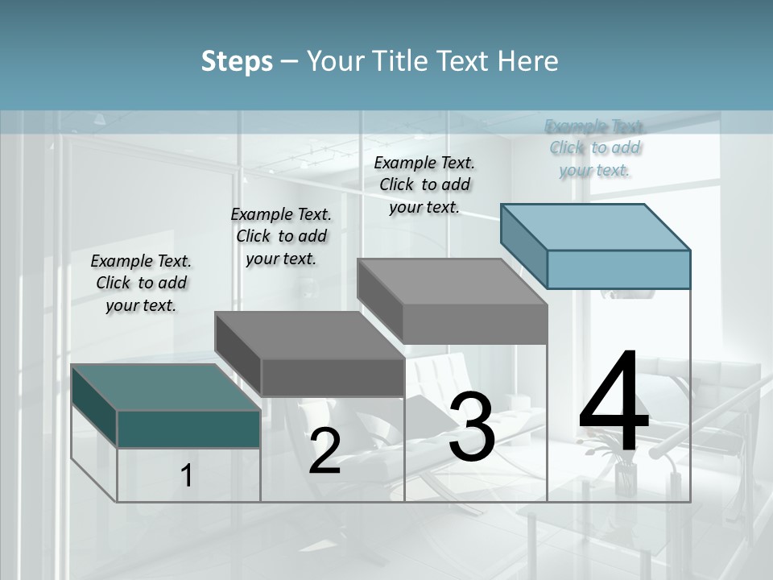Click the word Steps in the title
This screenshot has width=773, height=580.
click(x=237, y=61)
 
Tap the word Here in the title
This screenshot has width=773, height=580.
click(x=528, y=61)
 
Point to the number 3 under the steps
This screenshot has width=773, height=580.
click(x=472, y=427)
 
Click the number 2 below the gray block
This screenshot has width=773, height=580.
click(x=324, y=452)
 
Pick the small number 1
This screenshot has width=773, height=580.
click(x=187, y=476)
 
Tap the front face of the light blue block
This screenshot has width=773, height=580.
click(x=618, y=269)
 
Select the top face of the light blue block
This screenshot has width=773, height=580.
click(x=596, y=226)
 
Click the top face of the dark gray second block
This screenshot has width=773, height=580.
click(x=310, y=334)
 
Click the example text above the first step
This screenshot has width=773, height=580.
click(x=141, y=283)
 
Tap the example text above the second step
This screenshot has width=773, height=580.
click(x=281, y=236)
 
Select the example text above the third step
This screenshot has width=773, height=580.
click(x=424, y=184)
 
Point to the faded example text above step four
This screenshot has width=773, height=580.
click(x=595, y=147)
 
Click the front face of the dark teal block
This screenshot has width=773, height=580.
click(x=188, y=429)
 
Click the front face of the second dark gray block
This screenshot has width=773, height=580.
click(x=332, y=377)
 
